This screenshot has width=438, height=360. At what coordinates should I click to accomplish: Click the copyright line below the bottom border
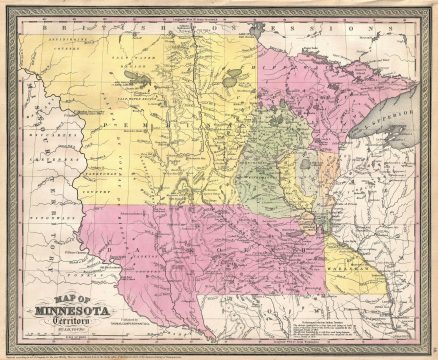[x=219, y=352]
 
